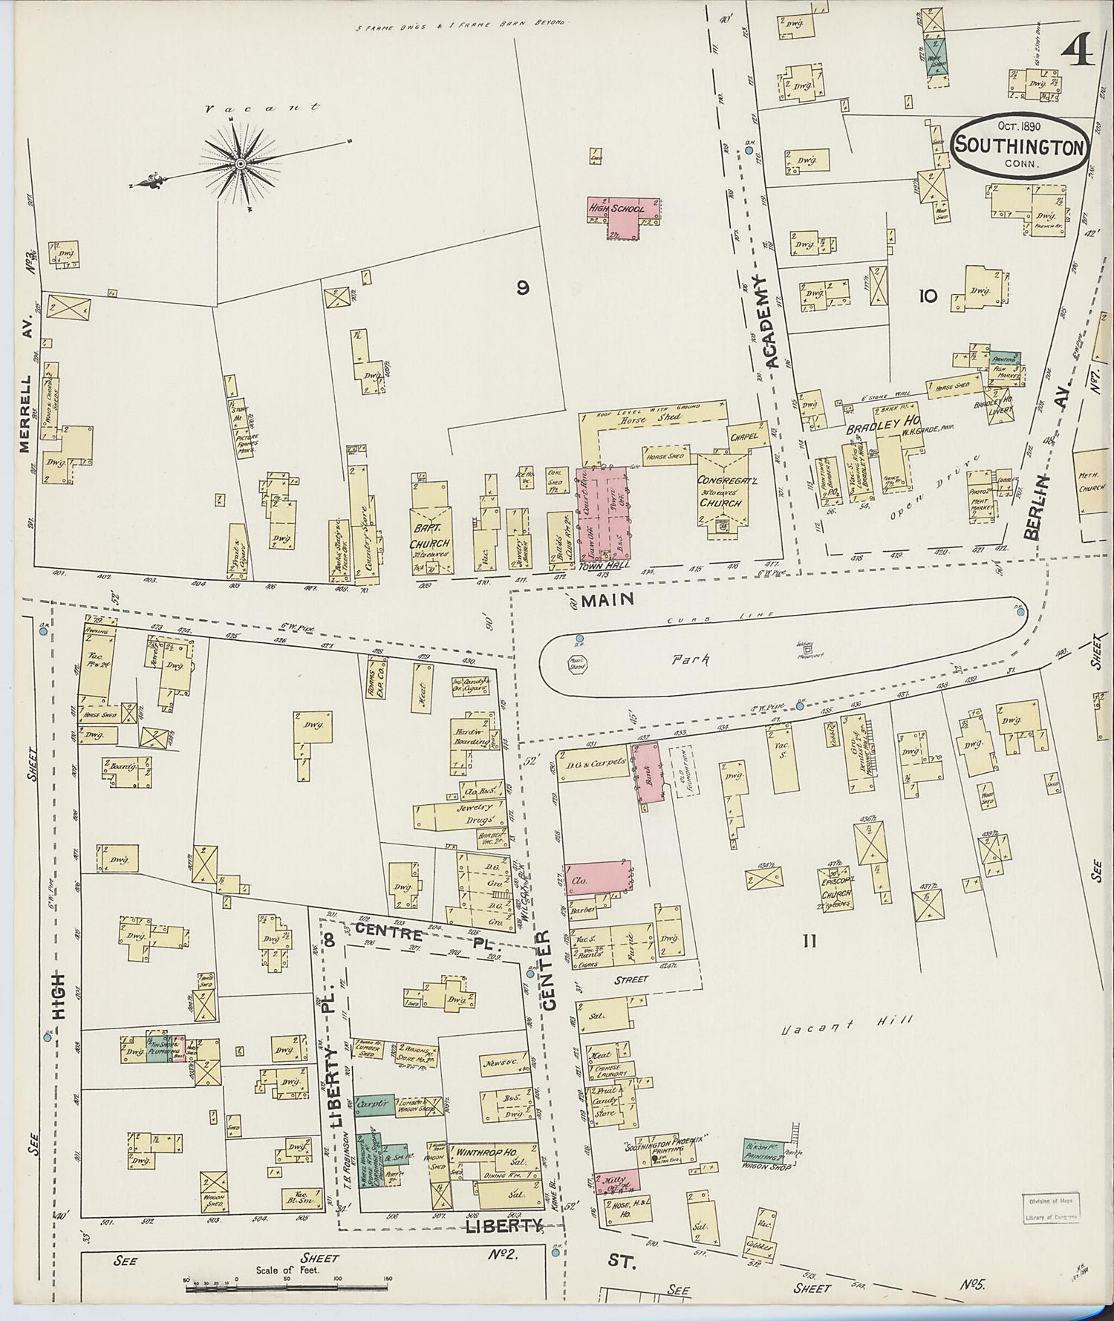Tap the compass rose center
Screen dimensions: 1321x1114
pos(241,163)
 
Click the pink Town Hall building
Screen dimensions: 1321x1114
pos(602,512)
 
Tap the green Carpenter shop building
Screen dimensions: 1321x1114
pos(374,1105)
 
